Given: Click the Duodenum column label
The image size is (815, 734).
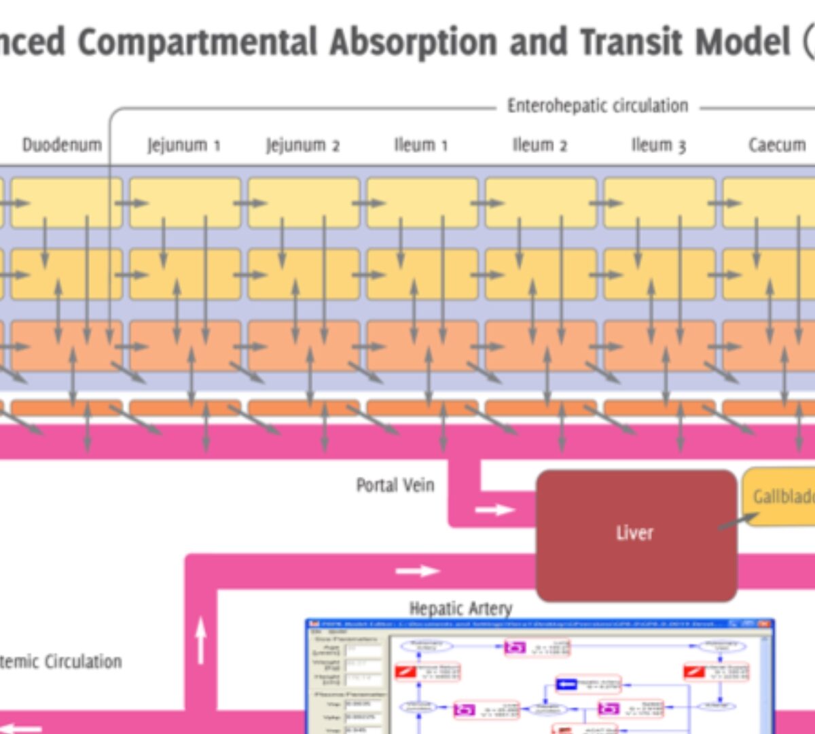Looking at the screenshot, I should click(x=62, y=145).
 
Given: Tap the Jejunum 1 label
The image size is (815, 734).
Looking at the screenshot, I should click(x=183, y=145).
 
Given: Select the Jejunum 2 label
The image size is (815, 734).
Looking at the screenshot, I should click(x=302, y=145).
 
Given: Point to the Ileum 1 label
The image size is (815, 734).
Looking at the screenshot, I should click(x=420, y=145).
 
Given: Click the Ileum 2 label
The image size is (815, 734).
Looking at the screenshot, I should click(x=539, y=145).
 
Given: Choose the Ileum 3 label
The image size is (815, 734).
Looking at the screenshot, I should click(x=658, y=145).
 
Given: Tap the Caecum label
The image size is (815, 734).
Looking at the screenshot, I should click(x=776, y=145).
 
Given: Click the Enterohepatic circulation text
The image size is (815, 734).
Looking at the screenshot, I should click(x=598, y=106).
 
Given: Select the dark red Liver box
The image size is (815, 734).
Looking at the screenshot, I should click(x=636, y=534).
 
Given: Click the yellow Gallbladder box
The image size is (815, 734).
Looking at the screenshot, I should click(x=781, y=496).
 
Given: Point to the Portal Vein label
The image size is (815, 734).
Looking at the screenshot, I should click(x=395, y=485).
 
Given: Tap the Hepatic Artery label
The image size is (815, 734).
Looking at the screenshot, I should click(x=460, y=608).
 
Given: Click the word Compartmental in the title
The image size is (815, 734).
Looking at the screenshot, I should click(x=197, y=42).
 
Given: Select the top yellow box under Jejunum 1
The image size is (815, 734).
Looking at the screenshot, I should click(x=185, y=203).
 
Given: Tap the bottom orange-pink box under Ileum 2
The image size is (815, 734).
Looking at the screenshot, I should click(x=541, y=346).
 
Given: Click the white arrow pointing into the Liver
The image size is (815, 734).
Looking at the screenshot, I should click(x=494, y=509).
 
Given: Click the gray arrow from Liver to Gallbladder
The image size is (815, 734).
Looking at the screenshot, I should click(x=738, y=521).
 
